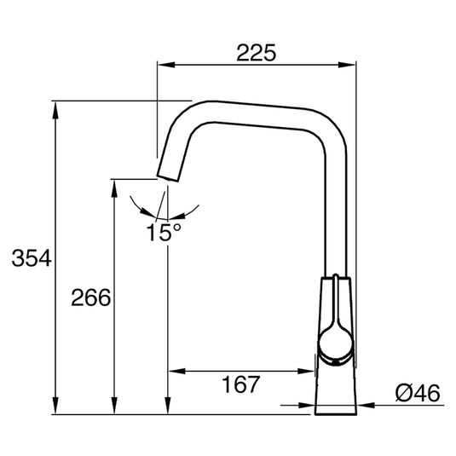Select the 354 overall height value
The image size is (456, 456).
click(x=27, y=258)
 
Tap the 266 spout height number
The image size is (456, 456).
click(x=89, y=298)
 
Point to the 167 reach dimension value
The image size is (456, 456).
click(x=240, y=385)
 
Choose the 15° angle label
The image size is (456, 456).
click(x=163, y=232)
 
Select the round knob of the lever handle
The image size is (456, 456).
click(x=334, y=342)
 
